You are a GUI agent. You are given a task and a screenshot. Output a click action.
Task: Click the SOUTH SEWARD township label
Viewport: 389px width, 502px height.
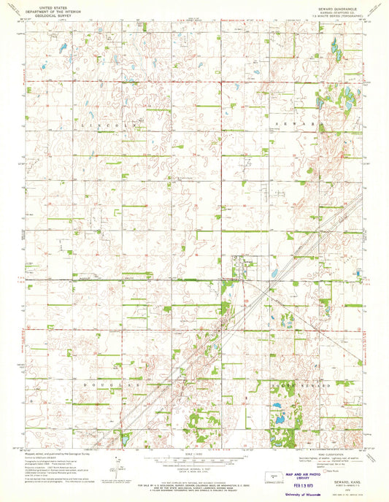click(x=304, y=384)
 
